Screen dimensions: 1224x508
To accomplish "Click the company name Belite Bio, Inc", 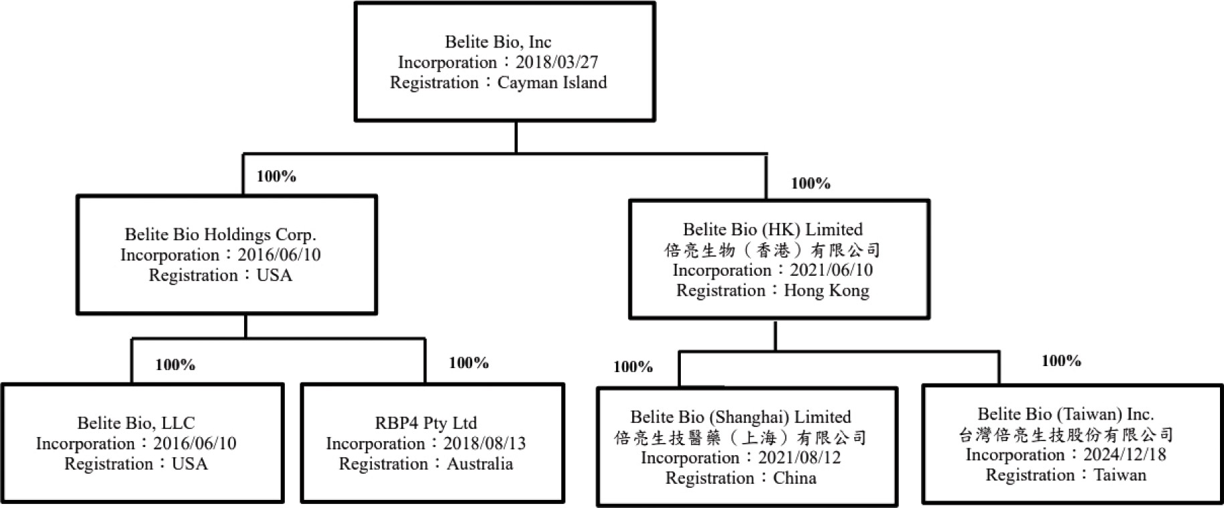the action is tap(498, 42).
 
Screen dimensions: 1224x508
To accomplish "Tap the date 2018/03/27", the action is tap(557, 62).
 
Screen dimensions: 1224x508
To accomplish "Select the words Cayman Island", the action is tap(552, 83).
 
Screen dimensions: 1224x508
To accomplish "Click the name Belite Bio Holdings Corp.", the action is tap(221, 235).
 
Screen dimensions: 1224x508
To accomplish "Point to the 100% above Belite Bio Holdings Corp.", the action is tap(276, 176).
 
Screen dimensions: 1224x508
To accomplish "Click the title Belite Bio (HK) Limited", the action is tap(773, 230).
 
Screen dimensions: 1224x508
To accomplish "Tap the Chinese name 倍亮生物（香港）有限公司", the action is tap(773, 250).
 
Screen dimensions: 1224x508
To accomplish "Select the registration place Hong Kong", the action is tap(827, 290).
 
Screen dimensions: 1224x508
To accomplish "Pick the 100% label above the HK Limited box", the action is tap(811, 183).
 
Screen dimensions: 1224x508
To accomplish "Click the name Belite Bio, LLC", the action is tap(136, 424).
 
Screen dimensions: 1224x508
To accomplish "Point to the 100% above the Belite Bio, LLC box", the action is tap(175, 365).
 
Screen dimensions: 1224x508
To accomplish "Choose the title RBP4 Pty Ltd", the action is tap(426, 424).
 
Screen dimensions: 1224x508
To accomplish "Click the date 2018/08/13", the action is tap(485, 444).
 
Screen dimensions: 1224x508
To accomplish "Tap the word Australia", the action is tap(480, 464).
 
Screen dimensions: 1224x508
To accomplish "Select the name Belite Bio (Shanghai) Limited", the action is tap(741, 418).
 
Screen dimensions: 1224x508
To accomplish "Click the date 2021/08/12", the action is tap(800, 458).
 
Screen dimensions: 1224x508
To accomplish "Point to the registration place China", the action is tap(795, 479).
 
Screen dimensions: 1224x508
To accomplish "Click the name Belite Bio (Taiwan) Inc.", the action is tap(1066, 414).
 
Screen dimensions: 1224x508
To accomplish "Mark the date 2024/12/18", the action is tap(1125, 455).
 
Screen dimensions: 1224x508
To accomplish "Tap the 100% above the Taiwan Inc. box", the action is tap(1061, 361).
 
